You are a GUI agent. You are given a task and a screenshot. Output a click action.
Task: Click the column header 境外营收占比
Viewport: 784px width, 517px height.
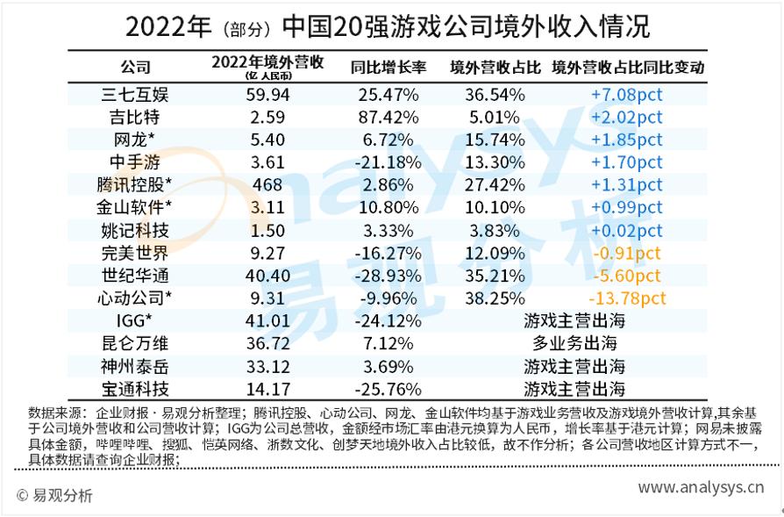494,67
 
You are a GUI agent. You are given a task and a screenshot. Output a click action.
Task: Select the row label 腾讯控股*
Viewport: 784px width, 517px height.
135,184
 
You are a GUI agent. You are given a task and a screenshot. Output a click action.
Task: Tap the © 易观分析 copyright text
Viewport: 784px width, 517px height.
54,495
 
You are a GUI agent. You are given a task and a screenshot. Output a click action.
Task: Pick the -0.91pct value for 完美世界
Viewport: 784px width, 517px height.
627,253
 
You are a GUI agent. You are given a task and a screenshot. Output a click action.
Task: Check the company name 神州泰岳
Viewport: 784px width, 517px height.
135,365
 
